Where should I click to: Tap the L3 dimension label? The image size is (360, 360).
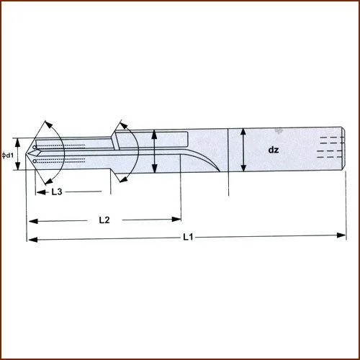[x=61, y=192]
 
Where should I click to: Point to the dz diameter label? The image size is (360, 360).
[x=274, y=151]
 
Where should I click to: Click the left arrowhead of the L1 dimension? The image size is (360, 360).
[x=30, y=239]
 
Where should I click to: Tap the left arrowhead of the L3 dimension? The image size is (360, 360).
[x=30, y=192]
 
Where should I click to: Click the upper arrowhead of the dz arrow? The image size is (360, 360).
[x=244, y=131]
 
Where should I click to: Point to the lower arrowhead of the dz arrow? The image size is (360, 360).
[x=244, y=170]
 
